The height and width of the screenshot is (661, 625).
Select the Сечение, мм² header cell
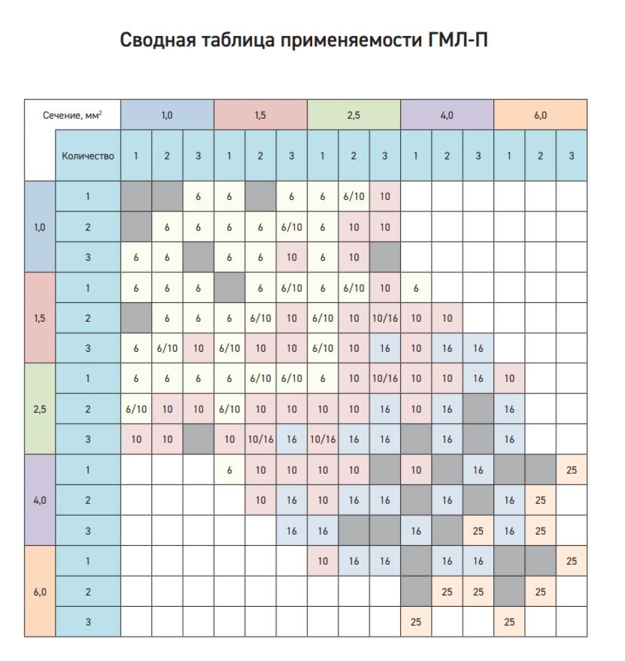(x=72, y=115)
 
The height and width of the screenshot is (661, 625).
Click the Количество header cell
(x=88, y=156)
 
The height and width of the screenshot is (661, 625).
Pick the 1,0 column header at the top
(x=167, y=115)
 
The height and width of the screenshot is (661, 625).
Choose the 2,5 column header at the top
(x=353, y=115)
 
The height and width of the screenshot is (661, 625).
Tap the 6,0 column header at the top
(x=540, y=115)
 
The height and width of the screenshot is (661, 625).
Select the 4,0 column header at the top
(x=447, y=115)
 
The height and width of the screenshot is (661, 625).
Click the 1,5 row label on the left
(x=40, y=317)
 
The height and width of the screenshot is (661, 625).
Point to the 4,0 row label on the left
(x=40, y=499)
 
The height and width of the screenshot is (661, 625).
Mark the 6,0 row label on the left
(x=40, y=591)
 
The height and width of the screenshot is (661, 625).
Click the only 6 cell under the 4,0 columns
(x=415, y=287)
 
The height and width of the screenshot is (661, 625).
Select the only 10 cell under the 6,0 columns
(x=508, y=378)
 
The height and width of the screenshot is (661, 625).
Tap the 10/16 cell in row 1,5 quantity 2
(x=384, y=317)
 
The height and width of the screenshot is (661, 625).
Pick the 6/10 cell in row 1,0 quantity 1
(x=353, y=196)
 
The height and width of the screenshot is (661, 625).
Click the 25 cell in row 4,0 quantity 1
(x=571, y=469)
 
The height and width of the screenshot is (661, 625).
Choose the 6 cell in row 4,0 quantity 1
(x=229, y=469)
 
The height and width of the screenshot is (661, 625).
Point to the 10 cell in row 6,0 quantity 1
(x=322, y=560)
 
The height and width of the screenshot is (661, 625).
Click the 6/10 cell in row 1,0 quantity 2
(x=291, y=227)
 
